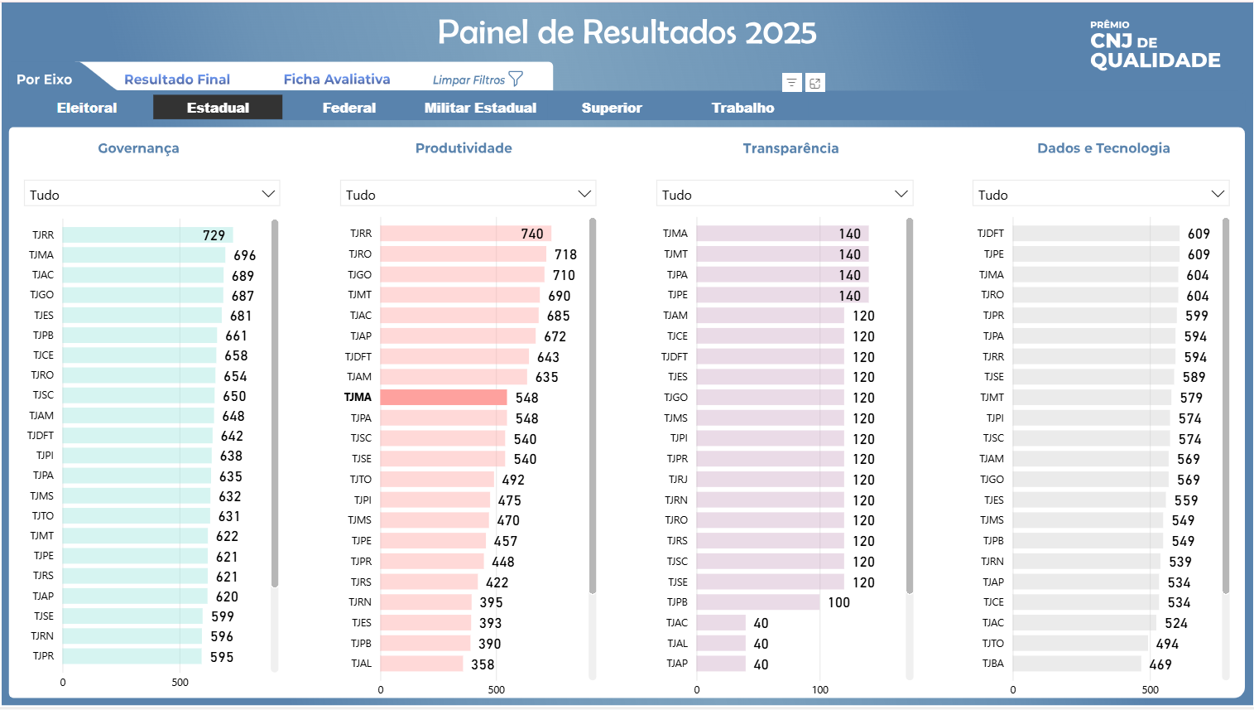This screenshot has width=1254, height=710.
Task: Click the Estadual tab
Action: click(x=218, y=108)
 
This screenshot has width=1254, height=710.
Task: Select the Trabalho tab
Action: click(x=742, y=108)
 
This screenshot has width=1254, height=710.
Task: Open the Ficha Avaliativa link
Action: click(x=337, y=80)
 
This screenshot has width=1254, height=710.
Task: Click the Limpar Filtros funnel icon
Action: click(x=516, y=79)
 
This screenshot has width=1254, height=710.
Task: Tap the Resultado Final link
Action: click(x=177, y=80)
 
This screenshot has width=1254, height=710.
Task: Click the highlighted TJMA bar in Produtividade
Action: click(x=444, y=398)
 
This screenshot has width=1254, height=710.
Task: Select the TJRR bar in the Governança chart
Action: click(x=132, y=235)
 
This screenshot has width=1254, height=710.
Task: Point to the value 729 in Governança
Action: click(x=214, y=235)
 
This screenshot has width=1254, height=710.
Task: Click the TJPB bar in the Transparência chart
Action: click(x=757, y=602)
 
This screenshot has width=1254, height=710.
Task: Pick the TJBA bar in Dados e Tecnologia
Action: click(x=1076, y=664)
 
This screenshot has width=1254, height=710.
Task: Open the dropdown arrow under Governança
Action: click(x=268, y=194)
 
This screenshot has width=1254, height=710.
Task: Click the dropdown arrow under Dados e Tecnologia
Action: click(x=1218, y=194)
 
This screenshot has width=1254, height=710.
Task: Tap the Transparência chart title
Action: click(x=790, y=148)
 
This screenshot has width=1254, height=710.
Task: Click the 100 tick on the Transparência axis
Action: click(x=819, y=689)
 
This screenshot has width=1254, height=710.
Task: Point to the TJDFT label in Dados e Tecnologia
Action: click(x=991, y=234)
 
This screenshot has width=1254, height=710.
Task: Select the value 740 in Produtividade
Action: click(x=532, y=234)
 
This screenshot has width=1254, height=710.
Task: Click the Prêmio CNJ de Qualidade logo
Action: click(x=1155, y=46)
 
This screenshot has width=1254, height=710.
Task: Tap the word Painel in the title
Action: click(x=483, y=33)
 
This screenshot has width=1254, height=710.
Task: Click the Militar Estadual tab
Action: click(x=480, y=108)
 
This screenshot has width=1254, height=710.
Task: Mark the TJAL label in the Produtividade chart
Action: click(x=361, y=664)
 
